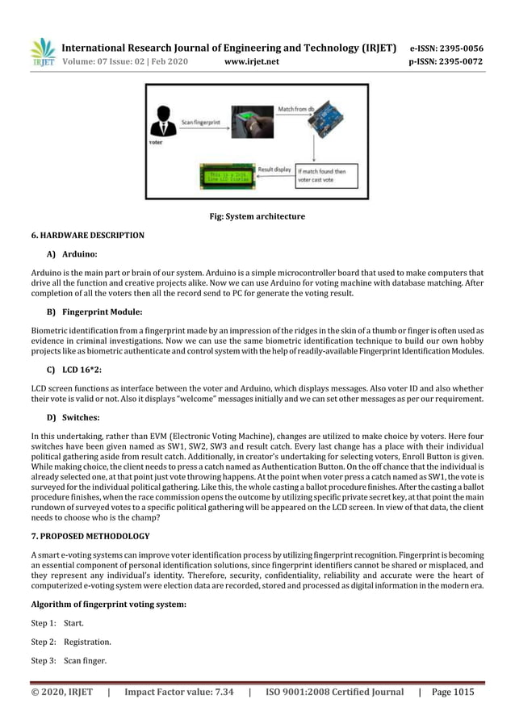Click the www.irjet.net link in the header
point(249,61)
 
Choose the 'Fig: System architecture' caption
point(257,216)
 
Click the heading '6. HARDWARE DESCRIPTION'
point(88,236)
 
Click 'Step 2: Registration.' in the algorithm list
point(71,642)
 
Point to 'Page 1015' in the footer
point(453,692)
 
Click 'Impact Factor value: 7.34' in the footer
point(178,692)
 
